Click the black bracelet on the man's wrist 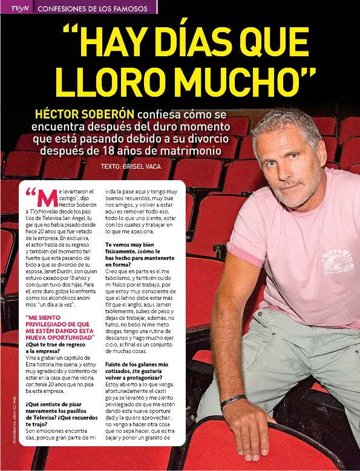[233, 400]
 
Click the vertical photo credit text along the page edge [5, 423]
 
